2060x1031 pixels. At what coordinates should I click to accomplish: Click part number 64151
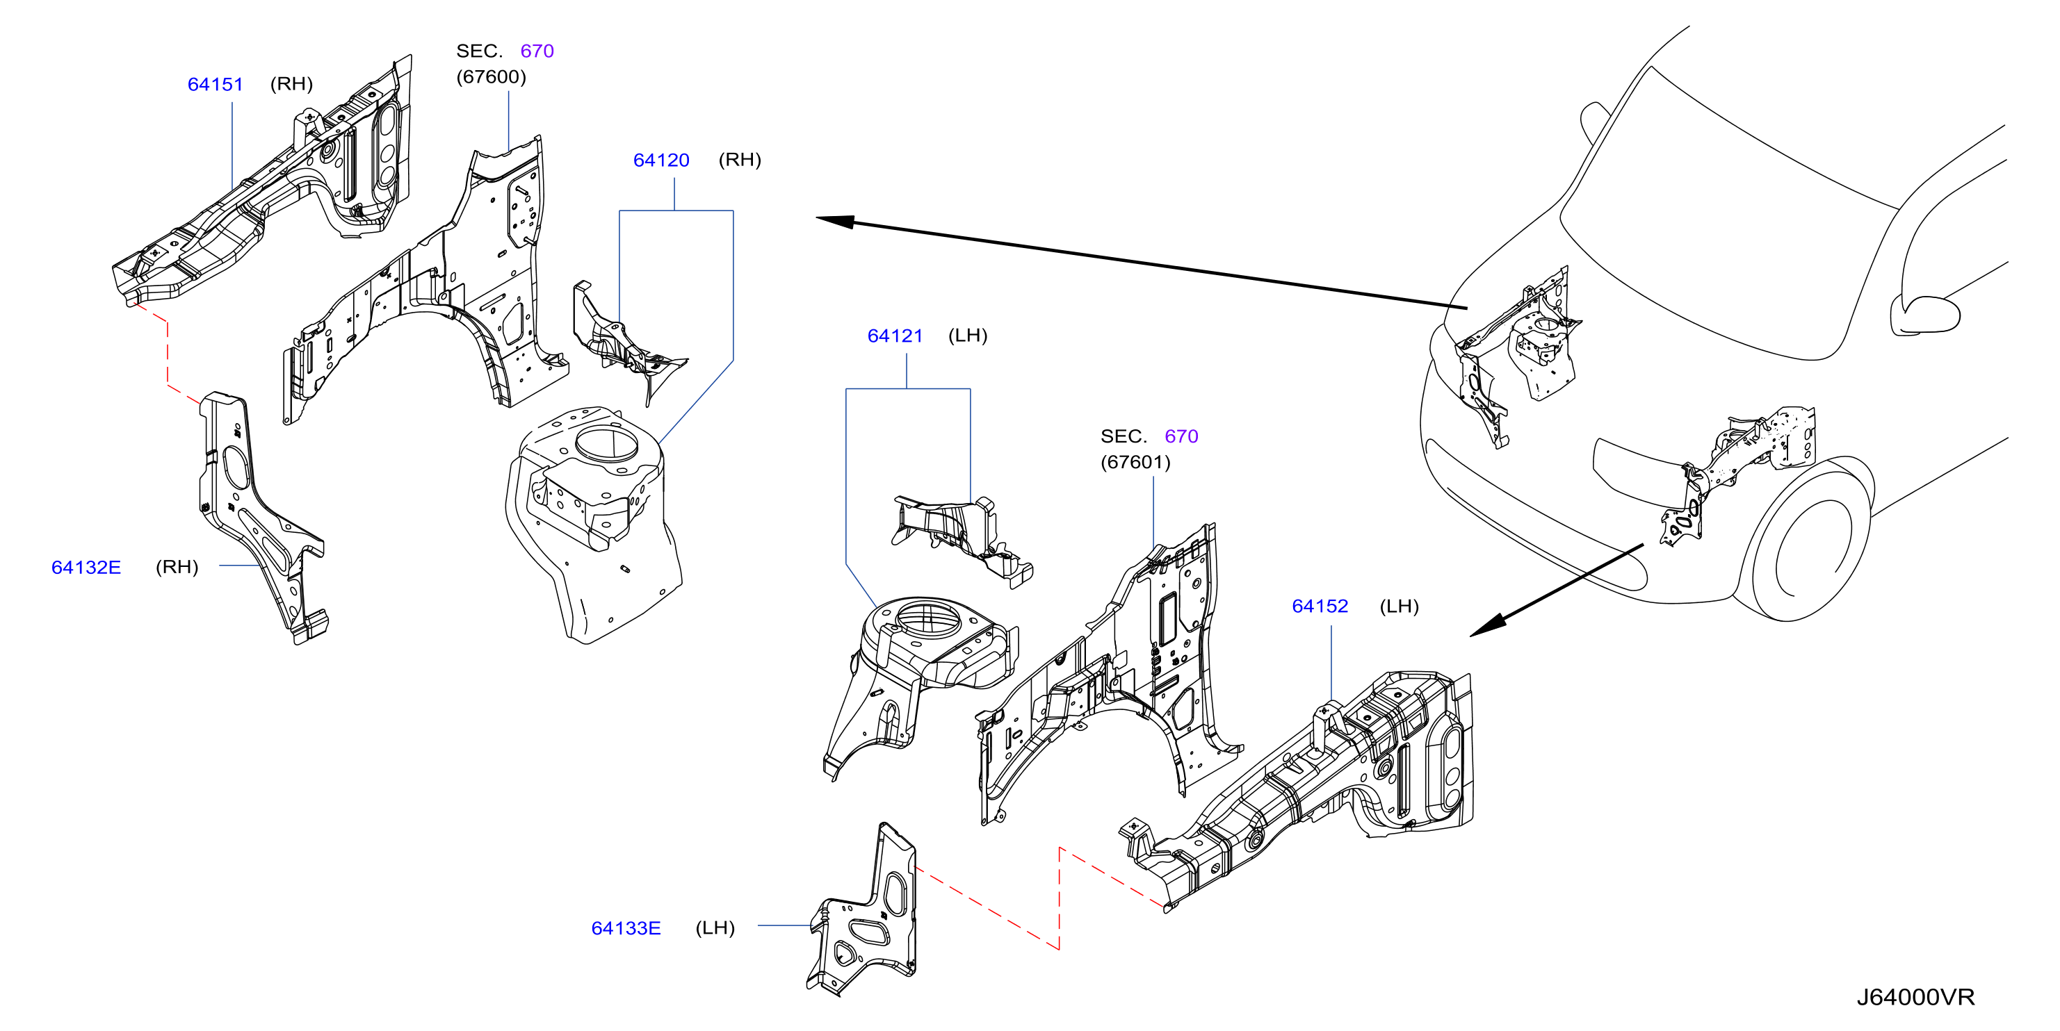(215, 84)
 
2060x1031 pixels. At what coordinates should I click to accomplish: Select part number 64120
(661, 160)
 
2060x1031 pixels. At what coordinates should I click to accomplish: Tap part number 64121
(895, 336)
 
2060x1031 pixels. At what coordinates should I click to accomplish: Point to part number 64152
(1320, 606)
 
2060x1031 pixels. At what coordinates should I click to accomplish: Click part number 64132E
(86, 567)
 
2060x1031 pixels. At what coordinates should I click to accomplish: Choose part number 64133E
(626, 928)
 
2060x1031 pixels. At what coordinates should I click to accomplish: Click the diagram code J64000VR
(1915, 997)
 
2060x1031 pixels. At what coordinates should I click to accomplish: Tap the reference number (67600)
(491, 76)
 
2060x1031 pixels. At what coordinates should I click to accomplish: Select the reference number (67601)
(1135, 462)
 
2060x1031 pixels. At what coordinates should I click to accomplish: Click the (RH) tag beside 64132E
(177, 567)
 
